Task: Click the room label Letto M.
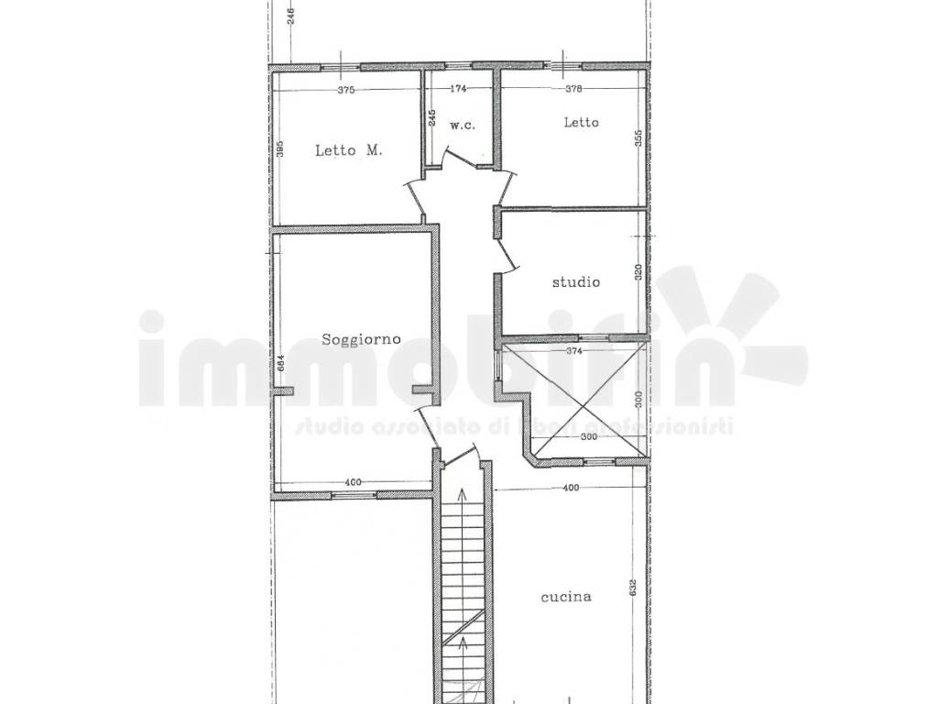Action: coord(348,151)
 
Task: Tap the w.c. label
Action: coord(461,126)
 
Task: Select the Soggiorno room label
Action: coord(362,339)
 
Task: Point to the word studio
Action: coord(575,282)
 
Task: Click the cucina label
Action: coord(565,597)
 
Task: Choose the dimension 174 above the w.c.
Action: coord(459,90)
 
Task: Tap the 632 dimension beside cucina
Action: coord(633,588)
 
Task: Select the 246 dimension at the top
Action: coord(289,16)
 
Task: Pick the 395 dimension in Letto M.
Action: coord(281,148)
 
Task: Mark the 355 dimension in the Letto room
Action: coord(637,140)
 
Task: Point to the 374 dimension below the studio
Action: coord(574,349)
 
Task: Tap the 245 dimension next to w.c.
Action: coord(432,118)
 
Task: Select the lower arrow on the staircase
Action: coord(463,643)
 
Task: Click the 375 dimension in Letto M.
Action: coord(345,90)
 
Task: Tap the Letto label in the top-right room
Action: coord(581,122)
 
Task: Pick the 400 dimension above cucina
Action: coord(571,489)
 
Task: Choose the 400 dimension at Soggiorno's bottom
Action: coord(354,483)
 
